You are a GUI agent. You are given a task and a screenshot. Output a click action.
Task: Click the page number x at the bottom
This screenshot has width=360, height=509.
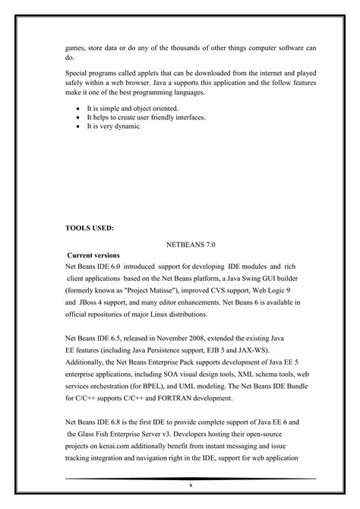coord(191,485)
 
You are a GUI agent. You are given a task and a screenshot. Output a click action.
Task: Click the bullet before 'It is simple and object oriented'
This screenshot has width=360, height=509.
coord(79,109)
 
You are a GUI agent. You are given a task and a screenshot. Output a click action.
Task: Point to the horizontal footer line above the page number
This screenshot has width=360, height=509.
coord(191,479)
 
